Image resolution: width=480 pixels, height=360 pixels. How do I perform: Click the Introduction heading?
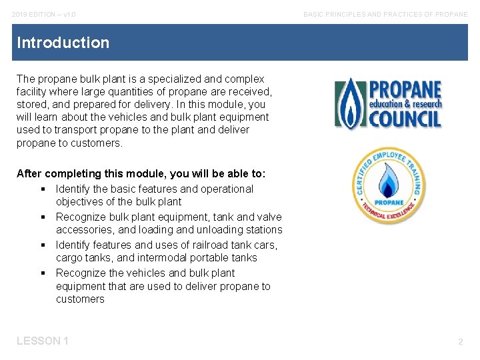pos(63,43)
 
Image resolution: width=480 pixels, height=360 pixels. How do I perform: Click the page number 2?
pos(460,341)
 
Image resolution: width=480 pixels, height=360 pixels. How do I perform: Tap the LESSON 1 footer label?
pos(43,341)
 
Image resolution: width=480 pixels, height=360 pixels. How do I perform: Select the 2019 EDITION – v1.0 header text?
pos(43,14)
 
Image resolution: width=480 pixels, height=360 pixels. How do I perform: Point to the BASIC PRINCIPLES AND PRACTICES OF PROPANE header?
pos(385,14)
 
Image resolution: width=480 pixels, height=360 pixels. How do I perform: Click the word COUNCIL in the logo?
pos(405,119)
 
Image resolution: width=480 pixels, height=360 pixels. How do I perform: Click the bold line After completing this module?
pos(141,173)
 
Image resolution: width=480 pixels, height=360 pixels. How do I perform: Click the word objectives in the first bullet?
pos(80,202)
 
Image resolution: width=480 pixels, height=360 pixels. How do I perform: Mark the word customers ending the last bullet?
pos(80,299)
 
